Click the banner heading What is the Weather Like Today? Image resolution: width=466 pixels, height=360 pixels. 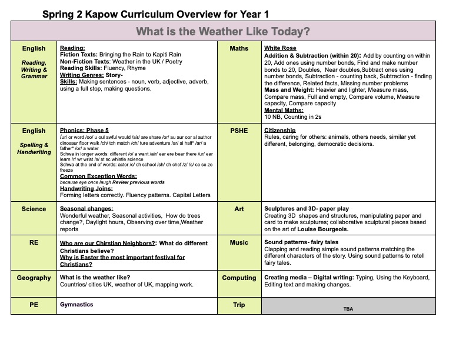pos(223,31)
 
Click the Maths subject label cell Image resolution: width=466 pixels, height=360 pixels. pos(239,48)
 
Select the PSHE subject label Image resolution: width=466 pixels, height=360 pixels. pos(239,131)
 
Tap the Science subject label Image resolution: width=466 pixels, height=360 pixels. pos(34,209)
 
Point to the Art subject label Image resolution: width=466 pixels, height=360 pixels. pos(239,209)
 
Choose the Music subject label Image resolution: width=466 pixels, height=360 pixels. pos(239,242)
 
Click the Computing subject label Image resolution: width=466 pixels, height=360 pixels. pos(239,278)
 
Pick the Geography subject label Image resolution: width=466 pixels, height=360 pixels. pos(34,278)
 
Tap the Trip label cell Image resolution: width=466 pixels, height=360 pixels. pos(239,305)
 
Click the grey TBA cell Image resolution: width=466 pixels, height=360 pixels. pos(348,308)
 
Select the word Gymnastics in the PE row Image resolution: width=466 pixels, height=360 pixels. pos(76,305)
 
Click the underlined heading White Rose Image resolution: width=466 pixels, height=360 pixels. pos(280,48)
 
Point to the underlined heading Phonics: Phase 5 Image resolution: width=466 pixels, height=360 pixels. pos(84,131)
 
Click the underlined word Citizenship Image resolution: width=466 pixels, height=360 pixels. pos(280,131)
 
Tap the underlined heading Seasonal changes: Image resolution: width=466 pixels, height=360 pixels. pos(86,209)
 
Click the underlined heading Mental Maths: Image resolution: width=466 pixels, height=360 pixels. pos(284,110)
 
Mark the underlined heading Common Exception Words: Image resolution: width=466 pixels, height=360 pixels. pos(98,176)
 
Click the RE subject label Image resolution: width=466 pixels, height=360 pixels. pos(34,242)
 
